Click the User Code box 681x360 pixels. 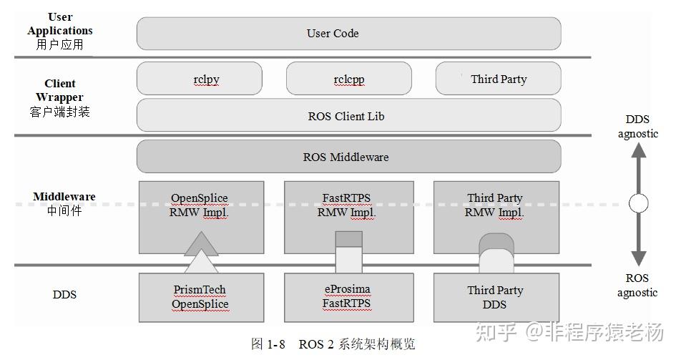point(348,34)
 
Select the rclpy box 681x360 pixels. point(199,79)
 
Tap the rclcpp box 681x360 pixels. point(348,79)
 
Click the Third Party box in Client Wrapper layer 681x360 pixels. point(498,79)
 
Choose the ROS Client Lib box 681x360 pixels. point(348,115)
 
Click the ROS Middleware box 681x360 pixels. point(348,157)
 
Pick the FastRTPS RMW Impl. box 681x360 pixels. point(348,205)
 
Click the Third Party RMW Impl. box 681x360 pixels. point(495,205)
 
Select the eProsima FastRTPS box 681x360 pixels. point(348,297)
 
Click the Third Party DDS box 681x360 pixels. point(495,297)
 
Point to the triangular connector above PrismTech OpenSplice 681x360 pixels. point(201,253)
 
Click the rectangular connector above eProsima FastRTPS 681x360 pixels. point(349,252)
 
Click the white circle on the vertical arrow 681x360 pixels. point(638,203)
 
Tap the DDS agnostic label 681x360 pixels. point(637,127)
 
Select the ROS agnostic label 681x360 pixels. point(637,285)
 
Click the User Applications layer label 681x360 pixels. point(60,30)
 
